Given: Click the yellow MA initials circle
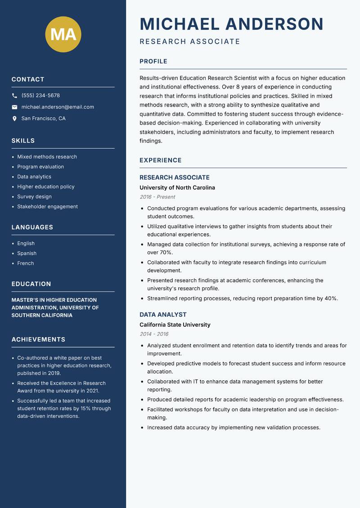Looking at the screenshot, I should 63,34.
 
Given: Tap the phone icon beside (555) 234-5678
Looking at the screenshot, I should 14,96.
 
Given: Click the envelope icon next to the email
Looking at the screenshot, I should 14,107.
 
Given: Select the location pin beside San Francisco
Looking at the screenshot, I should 14,119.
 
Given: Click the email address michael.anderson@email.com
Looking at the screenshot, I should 58,107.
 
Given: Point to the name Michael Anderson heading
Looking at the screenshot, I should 231,24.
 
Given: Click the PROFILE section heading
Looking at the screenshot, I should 153,62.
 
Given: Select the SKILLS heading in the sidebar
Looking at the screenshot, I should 23,141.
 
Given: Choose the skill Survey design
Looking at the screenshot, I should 34,196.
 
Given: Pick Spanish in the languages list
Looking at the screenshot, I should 27,253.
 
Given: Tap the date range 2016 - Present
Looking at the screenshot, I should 157,197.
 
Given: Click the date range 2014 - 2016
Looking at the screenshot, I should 153,334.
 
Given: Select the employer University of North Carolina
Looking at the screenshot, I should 177,187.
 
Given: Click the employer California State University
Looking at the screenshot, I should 175,325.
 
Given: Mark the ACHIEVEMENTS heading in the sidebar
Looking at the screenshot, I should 38,339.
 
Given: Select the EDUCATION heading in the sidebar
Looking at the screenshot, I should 31,284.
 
